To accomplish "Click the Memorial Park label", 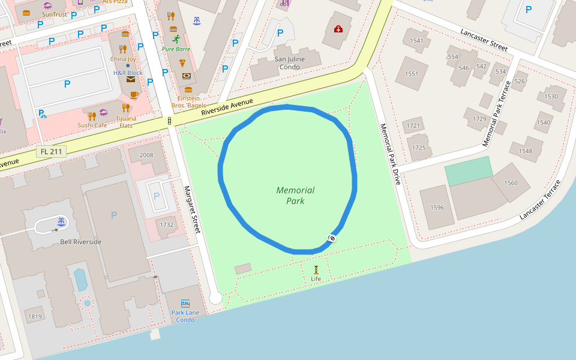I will click(295, 196).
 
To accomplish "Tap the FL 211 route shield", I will click(51, 152).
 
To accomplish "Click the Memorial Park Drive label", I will click(389, 154).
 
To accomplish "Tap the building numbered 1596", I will click(437, 208).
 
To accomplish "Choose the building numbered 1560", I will click(511, 183).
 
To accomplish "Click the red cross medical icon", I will click(338, 29).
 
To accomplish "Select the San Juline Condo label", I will click(289, 63).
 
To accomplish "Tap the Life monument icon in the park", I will click(316, 269).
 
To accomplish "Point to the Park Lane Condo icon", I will click(185, 303).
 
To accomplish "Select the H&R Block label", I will click(128, 73).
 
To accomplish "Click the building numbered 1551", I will click(412, 74).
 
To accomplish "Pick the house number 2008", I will click(146, 155).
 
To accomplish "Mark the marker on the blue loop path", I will click(331, 238).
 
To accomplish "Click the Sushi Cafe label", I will click(92, 125).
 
